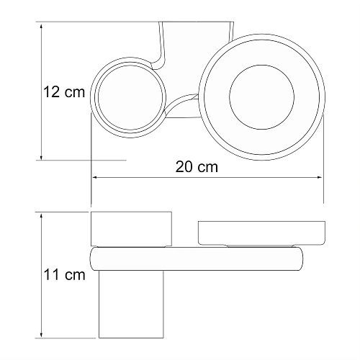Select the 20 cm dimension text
pos(197,166)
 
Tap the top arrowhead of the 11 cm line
pos(42,215)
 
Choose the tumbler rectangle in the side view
pos(131,230)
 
